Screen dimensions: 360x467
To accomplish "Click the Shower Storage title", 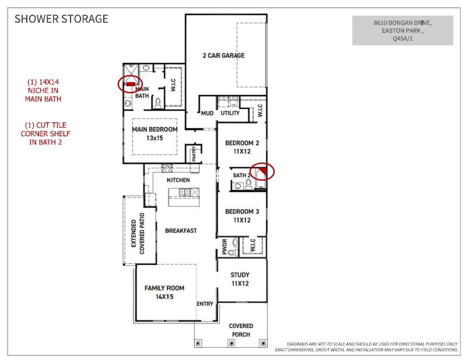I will tap(61, 19).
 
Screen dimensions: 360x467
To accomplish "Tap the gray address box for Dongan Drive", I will tap(403, 31).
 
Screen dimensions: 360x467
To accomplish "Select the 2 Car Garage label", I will tap(223, 56).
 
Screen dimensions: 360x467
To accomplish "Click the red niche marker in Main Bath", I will tap(131, 84).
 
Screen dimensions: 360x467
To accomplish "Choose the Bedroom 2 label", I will tap(242, 147).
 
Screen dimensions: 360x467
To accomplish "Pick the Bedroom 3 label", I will tap(242, 216).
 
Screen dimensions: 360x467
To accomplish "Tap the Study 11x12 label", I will tap(240, 279).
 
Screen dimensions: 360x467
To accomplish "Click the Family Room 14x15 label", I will tap(164, 292).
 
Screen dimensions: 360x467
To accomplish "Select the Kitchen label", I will tap(178, 181).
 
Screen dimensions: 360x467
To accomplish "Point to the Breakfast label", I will tap(181, 231).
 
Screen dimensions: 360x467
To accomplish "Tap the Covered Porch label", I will tap(240, 330).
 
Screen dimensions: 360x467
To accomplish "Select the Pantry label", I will tap(194, 154).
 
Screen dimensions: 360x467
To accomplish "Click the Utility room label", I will tap(230, 113).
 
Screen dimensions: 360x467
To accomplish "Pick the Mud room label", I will tap(207, 113).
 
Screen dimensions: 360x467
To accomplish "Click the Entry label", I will tap(205, 303).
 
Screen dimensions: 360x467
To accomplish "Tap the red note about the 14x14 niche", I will tap(43, 90).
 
